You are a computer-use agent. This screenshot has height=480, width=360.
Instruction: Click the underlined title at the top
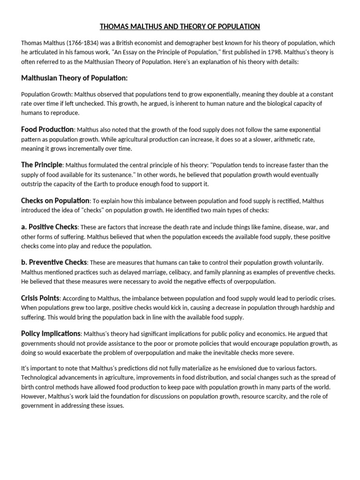tap(180, 27)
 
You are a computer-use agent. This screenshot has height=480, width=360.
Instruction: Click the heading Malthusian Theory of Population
tap(74, 78)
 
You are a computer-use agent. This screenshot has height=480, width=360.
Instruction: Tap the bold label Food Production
tap(47, 129)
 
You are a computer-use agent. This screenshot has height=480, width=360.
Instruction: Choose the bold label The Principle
tap(41, 165)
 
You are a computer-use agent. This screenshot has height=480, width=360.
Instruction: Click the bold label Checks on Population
tap(55, 201)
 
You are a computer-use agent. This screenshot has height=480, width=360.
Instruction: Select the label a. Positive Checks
tap(49, 227)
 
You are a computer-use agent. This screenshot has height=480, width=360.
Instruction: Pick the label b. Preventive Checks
tap(54, 262)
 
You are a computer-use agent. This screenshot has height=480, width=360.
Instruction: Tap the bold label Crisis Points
tap(40, 298)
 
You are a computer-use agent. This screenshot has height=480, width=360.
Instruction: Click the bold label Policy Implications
tap(51, 334)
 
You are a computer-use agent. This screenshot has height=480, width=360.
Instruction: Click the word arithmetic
tap(288, 139)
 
